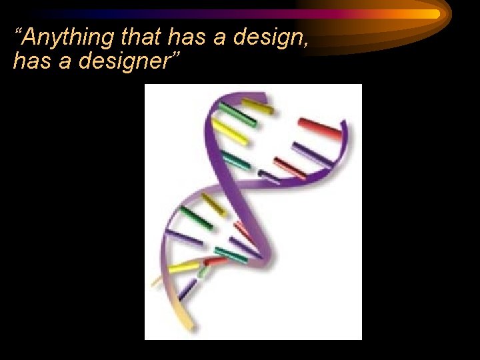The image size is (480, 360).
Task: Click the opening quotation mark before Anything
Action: [x=19, y=33]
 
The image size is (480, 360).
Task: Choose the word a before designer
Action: [x=59, y=62]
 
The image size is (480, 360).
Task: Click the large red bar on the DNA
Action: [x=320, y=125]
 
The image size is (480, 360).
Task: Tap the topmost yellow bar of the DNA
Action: [x=257, y=106]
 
